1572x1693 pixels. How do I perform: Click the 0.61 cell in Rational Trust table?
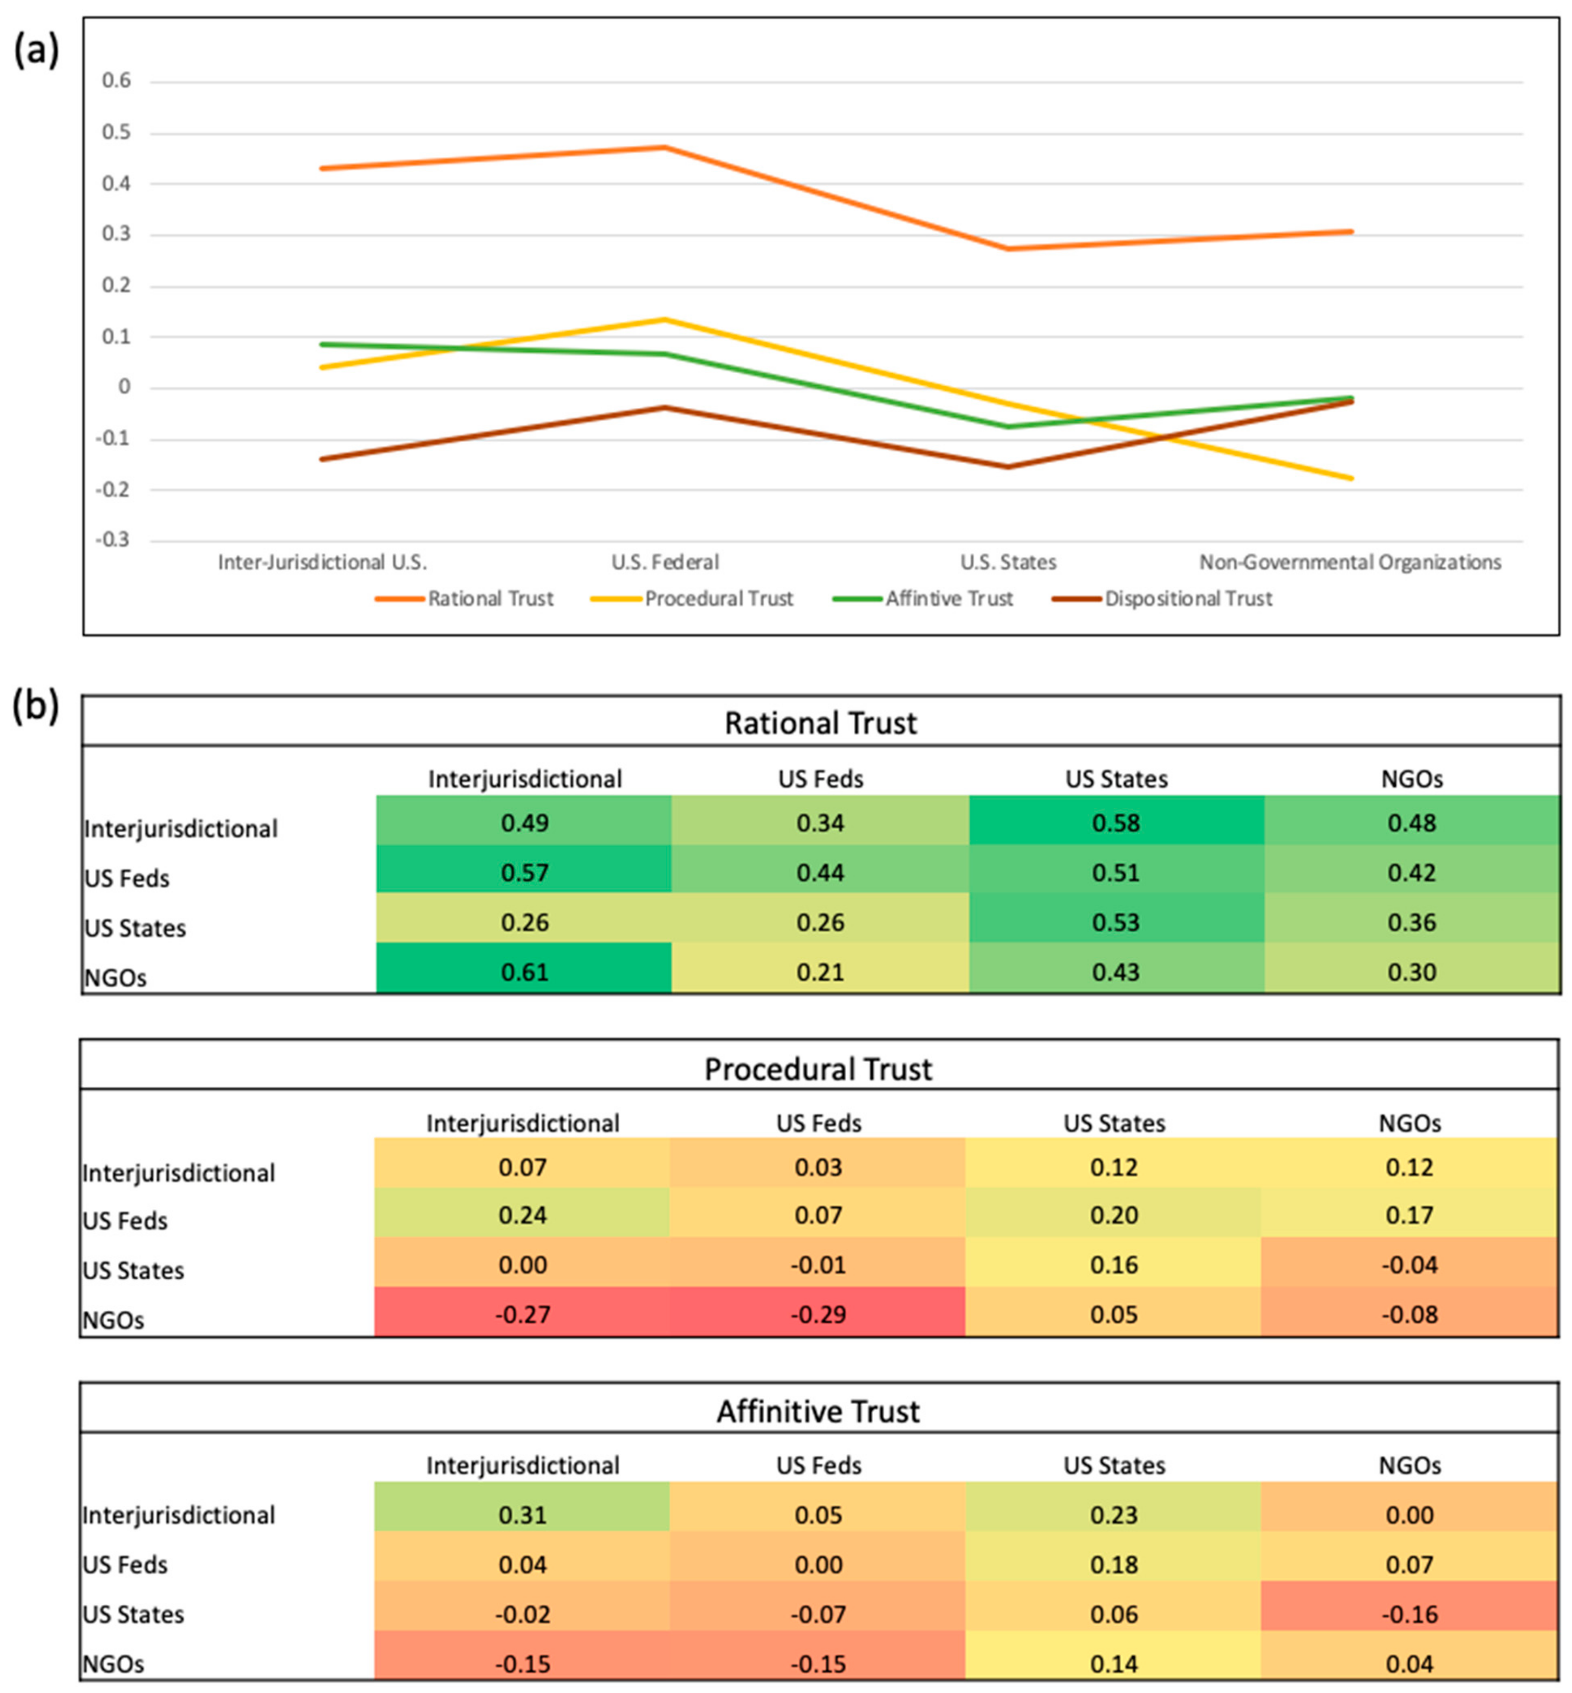[x=524, y=971]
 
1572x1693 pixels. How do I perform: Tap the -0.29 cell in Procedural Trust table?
[x=818, y=1315]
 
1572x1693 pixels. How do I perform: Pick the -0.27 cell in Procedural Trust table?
[x=522, y=1315]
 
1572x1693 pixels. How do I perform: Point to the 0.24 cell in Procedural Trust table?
[x=522, y=1215]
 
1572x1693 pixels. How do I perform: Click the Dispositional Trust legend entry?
[x=1188, y=599]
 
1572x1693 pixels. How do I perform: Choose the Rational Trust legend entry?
[x=490, y=599]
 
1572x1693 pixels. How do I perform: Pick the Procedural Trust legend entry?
[x=718, y=599]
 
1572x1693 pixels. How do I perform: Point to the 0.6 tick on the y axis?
[x=116, y=81]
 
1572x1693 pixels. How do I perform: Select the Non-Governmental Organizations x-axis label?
[x=1350, y=562]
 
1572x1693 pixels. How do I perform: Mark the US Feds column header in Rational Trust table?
[x=820, y=778]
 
